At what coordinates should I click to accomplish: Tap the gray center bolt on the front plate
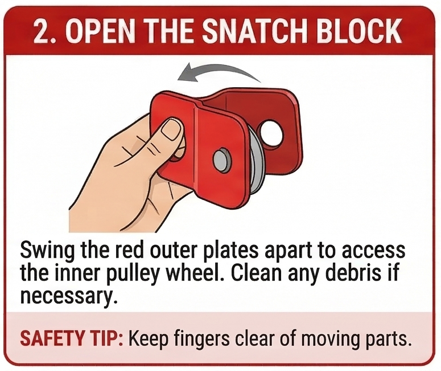[220, 161]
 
